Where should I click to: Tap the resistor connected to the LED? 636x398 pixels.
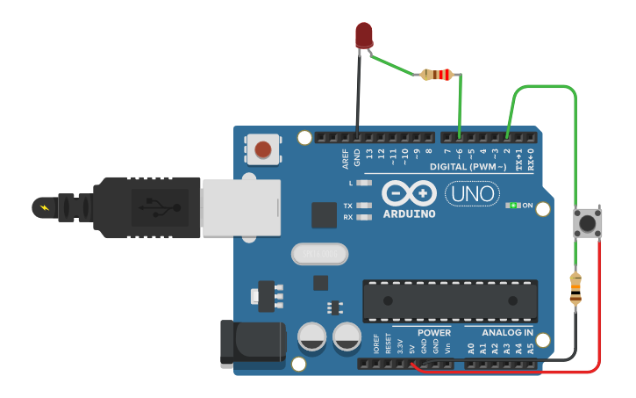pos(437,75)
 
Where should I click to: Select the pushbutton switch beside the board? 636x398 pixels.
pos(587,222)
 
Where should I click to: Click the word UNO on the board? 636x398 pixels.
pos(472,193)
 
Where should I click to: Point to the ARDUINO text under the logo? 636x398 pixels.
pos(409,213)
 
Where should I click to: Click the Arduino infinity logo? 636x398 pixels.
pos(409,192)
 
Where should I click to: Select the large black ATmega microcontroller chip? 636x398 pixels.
pos(450,300)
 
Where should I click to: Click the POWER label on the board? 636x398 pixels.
pos(433,333)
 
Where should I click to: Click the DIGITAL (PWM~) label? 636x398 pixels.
pos(468,167)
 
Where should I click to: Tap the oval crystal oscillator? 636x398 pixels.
pos(319,254)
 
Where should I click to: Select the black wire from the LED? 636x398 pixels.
pos(357,97)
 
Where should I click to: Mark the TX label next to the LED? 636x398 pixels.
pos(347,205)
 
